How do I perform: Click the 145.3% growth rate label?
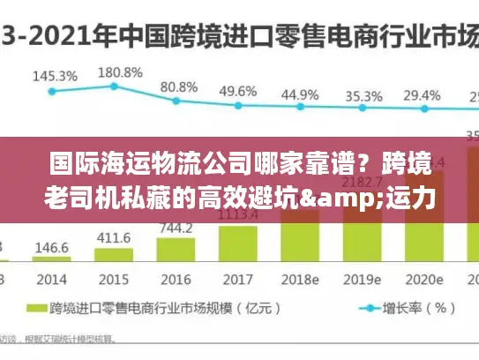click(55, 77)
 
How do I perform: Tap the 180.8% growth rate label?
click(120, 72)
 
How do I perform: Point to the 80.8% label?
click(179, 87)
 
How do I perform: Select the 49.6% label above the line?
click(238, 91)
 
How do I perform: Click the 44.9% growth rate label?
click(300, 94)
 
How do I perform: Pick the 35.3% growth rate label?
click(363, 96)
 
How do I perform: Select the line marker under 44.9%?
click(300, 109)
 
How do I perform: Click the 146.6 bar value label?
click(52, 249)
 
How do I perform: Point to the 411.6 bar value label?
click(113, 238)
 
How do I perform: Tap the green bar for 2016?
click(175, 250)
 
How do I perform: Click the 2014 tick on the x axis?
click(52, 279)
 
